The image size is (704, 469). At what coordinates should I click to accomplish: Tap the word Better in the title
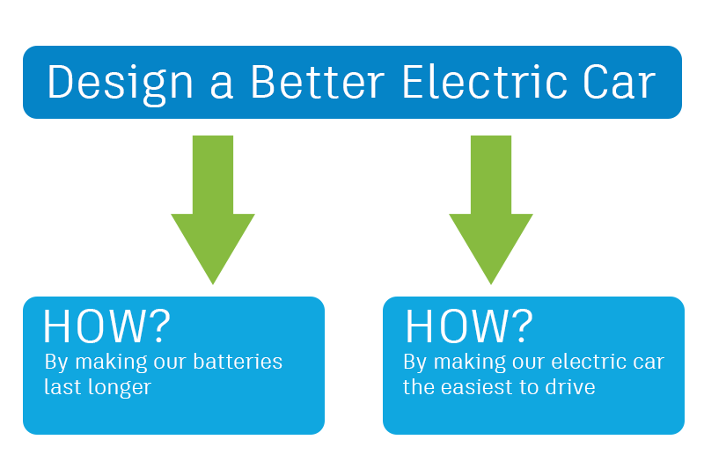318,81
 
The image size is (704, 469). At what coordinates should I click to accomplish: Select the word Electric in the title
485,81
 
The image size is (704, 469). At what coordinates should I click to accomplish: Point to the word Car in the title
620,81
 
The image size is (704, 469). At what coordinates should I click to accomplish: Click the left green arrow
213,209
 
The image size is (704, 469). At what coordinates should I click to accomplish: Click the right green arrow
491,209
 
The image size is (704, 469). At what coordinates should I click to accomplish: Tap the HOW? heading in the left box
106,326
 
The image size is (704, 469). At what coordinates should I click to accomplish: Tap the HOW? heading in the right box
469,326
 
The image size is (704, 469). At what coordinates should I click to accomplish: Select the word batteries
238,362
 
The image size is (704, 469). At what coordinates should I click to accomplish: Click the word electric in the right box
589,362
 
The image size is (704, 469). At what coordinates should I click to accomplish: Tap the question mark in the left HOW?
159,326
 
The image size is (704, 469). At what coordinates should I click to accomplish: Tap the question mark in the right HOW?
522,326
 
